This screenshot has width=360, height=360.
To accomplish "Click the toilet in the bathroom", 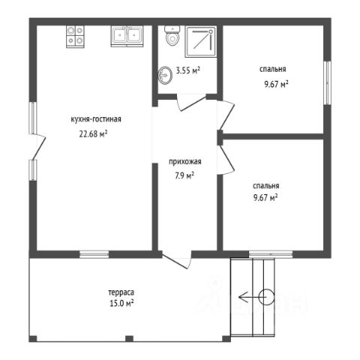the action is click(x=172, y=35).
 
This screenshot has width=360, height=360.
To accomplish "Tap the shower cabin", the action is click(x=201, y=41).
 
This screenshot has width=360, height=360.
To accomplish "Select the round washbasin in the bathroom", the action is click(x=165, y=75).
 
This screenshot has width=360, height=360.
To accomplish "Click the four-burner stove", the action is click(x=75, y=37).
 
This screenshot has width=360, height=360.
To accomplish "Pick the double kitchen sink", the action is click(x=127, y=37).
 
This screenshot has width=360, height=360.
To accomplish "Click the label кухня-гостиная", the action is click(x=96, y=119).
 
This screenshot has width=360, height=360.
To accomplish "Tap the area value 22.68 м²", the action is click(x=93, y=133).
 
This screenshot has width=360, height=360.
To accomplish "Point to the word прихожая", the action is click(x=185, y=162).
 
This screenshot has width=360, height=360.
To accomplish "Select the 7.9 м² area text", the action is click(x=184, y=175).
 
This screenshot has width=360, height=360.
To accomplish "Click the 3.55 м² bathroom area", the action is click(x=188, y=70).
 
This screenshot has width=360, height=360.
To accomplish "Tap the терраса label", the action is click(x=121, y=292).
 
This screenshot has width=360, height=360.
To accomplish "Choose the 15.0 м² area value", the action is click(x=121, y=304).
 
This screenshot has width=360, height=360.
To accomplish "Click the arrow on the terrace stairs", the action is click(x=253, y=297).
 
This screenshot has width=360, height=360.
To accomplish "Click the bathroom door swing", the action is click(x=191, y=103).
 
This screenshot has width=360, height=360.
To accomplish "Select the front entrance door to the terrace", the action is click(x=177, y=261).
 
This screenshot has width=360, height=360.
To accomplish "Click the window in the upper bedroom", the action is click(x=328, y=82).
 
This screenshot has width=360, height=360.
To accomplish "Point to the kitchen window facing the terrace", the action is click(x=94, y=254).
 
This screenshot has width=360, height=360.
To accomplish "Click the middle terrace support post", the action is click(x=129, y=339).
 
